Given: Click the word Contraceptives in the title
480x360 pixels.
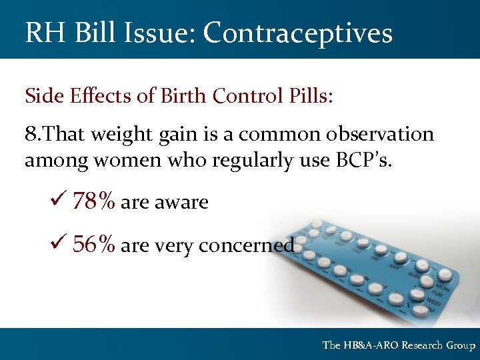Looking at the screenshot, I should pyautogui.click(x=298, y=33).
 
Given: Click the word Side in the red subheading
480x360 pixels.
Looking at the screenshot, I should pyautogui.click(x=42, y=96).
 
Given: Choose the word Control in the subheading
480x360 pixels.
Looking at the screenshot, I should pyautogui.click(x=243, y=96).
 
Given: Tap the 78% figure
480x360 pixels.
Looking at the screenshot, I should pyautogui.click(x=95, y=202).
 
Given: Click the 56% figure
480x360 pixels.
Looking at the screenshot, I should pyautogui.click(x=95, y=245).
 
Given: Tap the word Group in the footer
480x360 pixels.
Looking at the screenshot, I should pyautogui.click(x=461, y=345).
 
